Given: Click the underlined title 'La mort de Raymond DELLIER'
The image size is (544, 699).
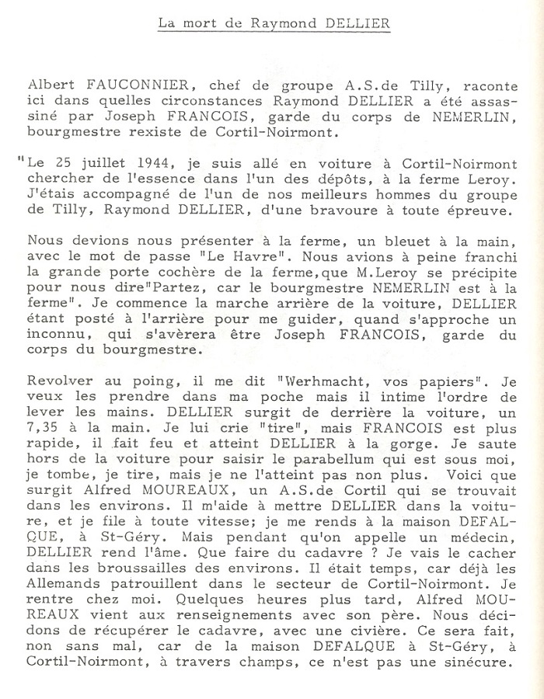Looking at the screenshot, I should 274,24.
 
